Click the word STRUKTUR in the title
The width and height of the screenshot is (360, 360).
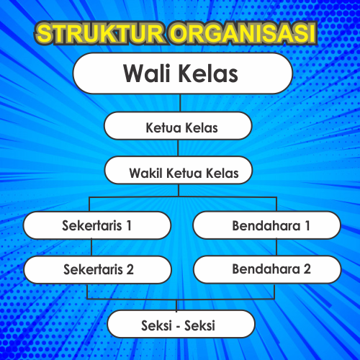click(x=98, y=33)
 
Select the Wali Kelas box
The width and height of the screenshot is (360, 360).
click(x=181, y=73)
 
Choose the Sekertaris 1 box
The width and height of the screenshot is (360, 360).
click(x=97, y=225)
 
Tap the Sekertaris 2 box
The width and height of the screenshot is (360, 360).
click(x=97, y=269)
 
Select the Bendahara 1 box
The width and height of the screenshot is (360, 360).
click(x=266, y=225)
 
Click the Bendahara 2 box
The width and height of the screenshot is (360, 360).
click(x=266, y=269)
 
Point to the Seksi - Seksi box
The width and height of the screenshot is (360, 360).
click(x=181, y=324)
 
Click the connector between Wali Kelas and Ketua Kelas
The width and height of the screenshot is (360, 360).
click(x=180, y=103)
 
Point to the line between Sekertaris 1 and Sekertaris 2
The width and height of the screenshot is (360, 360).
click(x=91, y=247)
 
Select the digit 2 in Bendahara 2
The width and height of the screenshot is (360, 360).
click(x=307, y=269)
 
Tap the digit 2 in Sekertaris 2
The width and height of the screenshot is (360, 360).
click(x=130, y=270)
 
